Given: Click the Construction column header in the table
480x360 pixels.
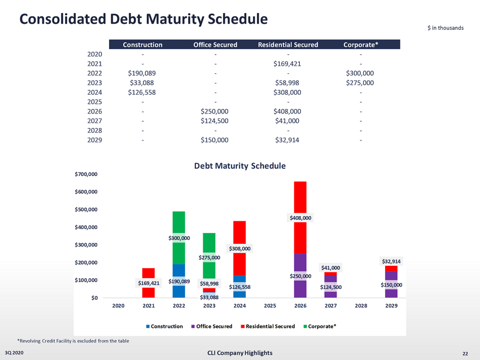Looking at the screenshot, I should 142,45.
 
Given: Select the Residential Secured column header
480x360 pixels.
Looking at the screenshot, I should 287,45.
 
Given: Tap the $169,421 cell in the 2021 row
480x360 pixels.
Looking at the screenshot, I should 287,63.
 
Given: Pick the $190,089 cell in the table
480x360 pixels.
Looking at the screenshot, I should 142,73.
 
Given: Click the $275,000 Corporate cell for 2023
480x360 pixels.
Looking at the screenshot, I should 360,82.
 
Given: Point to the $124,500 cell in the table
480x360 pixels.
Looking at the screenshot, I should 215,121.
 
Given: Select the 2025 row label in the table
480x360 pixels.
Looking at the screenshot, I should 94,102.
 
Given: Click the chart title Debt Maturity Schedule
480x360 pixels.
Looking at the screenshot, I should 240,166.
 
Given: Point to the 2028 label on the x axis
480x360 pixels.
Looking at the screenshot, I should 361,306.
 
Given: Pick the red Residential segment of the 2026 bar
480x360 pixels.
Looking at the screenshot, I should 300,197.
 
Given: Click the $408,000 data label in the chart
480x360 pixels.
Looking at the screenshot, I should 300,217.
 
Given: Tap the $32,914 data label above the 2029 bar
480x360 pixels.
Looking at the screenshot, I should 391,261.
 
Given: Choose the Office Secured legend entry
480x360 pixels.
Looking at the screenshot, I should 214,326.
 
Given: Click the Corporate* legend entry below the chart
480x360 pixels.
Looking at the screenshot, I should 321,326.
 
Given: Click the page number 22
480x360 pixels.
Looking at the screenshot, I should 465,353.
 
